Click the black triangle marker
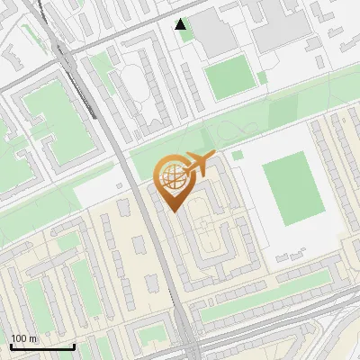click(182, 24)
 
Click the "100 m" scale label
click(24, 338)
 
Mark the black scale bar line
click(42, 346)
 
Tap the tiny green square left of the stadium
click(238, 155)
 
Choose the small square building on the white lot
click(124, 208)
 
